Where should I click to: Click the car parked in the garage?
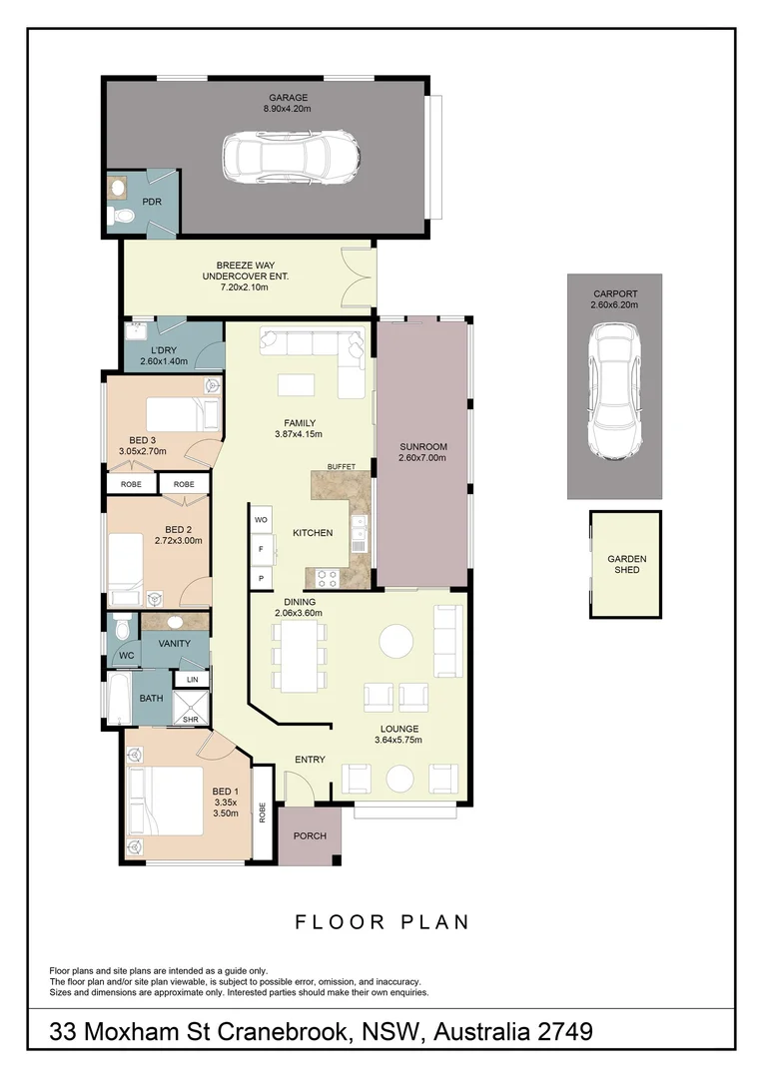(x=291, y=158)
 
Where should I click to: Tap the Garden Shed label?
(x=626, y=565)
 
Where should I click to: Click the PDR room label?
(x=152, y=202)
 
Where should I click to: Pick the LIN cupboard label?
(x=192, y=680)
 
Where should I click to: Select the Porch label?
(x=310, y=835)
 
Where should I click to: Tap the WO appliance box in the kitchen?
(x=262, y=520)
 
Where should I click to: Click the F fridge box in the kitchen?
(x=262, y=549)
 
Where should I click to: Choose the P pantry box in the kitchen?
(x=262, y=578)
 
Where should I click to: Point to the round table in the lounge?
(x=395, y=641)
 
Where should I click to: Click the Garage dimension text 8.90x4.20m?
(x=288, y=109)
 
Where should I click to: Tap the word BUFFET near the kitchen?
(x=342, y=467)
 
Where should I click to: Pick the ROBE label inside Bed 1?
(x=262, y=812)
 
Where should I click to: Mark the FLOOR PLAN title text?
(x=381, y=921)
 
